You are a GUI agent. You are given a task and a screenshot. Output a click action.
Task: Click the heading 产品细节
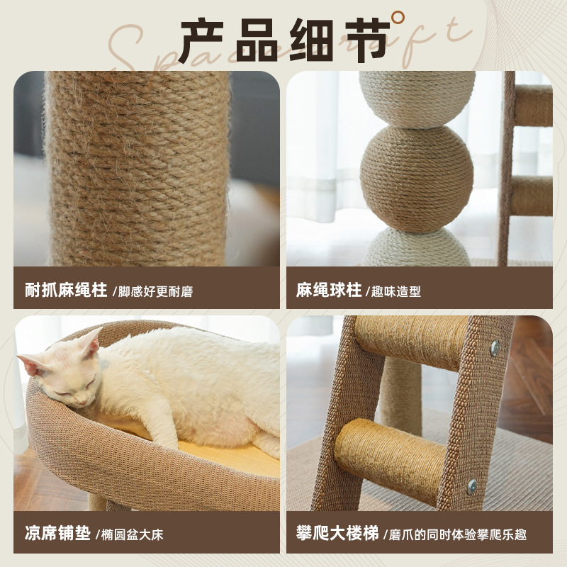283,40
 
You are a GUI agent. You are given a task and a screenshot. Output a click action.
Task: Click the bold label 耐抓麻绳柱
66,290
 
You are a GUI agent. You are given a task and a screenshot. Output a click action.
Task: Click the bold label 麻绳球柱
329,290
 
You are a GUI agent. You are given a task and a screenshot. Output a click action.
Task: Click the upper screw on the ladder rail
495,348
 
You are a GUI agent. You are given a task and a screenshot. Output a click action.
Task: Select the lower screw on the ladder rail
472,486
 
